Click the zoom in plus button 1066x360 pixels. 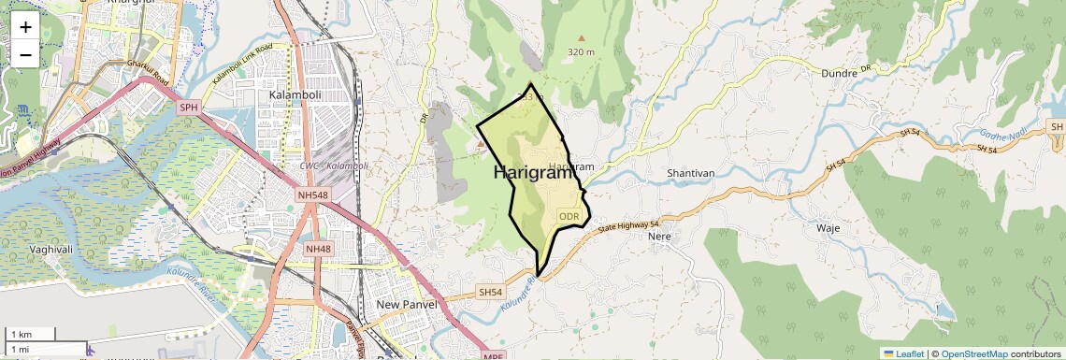25,26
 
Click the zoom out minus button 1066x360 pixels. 25,54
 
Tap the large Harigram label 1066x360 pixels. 531,173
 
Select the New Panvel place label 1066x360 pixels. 408,305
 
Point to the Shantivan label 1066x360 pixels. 691,174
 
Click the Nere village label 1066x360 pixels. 660,237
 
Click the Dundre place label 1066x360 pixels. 839,73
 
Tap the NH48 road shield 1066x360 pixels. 318,249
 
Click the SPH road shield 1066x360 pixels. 190,108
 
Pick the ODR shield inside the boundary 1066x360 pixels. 569,216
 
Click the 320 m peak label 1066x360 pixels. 581,52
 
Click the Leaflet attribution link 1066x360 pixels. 903,353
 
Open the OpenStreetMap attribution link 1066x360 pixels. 973,353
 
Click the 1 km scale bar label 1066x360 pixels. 21,334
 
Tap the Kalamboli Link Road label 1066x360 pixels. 241,63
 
